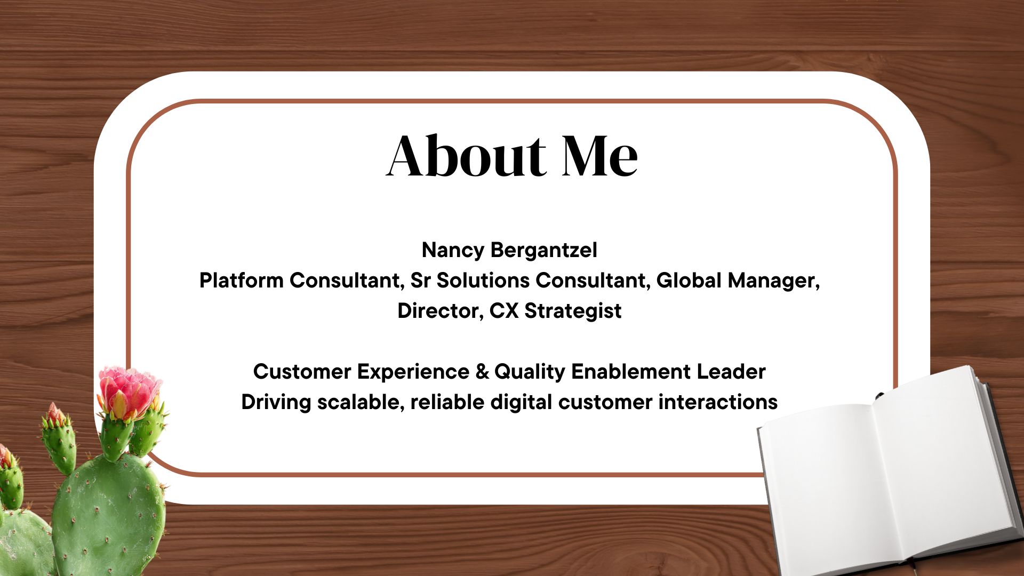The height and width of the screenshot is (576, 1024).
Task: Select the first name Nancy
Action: (x=453, y=251)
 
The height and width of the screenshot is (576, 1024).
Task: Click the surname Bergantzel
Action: (x=544, y=251)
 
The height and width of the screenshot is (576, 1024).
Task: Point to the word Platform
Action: (x=241, y=281)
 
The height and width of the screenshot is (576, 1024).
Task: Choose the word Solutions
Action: (x=483, y=281)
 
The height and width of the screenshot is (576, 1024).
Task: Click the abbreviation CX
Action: (x=504, y=311)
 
